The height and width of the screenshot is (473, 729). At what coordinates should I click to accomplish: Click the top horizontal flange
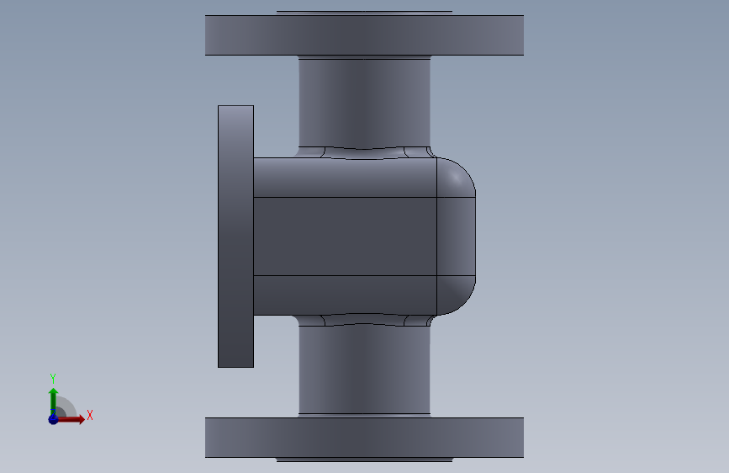[365, 35]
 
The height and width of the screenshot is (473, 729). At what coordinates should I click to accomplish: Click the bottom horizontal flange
[365, 437]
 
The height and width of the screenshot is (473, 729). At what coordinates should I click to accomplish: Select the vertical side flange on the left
[235, 236]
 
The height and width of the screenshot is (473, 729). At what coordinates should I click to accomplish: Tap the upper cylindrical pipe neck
[365, 103]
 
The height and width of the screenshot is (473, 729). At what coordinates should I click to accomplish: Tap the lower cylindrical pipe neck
[365, 370]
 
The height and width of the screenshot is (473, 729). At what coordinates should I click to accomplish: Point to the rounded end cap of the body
[456, 236]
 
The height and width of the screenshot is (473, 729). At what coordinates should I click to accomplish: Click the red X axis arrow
[70, 419]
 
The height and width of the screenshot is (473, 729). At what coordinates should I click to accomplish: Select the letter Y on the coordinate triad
[53, 378]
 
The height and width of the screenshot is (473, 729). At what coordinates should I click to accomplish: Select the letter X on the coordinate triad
[90, 415]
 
